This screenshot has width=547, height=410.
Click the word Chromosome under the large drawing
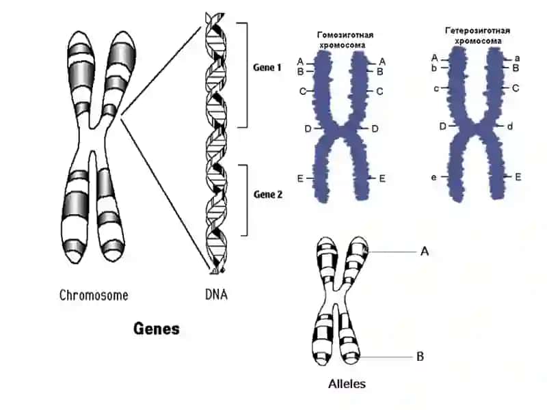(94, 295)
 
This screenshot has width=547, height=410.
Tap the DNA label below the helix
(216, 295)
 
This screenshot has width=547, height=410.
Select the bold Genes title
(157, 329)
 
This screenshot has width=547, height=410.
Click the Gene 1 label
(267, 67)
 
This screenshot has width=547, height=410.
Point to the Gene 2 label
(268, 194)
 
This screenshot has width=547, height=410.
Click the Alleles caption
(347, 384)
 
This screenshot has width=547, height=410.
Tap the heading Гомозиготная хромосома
(345, 40)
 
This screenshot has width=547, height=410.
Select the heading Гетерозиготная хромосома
(477, 36)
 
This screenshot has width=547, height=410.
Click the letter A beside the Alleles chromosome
(425, 251)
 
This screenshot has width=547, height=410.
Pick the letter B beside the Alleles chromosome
(420, 357)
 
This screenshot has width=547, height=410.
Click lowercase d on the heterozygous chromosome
(509, 126)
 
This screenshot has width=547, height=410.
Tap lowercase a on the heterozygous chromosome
(518, 58)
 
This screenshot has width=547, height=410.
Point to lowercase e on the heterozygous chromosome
(433, 178)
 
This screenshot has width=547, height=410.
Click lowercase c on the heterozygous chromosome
(436, 89)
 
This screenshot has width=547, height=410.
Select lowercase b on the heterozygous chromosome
(434, 68)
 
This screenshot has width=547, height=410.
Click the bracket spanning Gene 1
(247, 75)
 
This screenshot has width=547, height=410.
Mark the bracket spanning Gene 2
(247, 200)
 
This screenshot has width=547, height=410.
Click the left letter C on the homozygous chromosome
(302, 92)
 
